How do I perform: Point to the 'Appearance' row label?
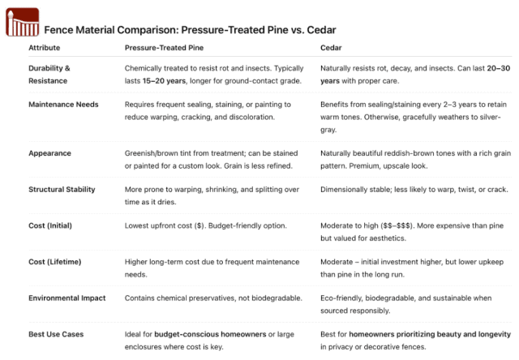(x=49, y=152)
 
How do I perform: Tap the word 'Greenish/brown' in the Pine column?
(x=151, y=152)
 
